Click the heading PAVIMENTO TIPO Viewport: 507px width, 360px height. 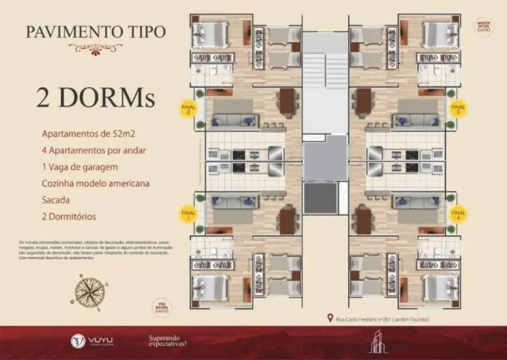(x=95, y=32)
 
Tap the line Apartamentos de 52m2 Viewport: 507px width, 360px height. (x=87, y=133)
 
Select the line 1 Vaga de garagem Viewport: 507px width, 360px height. (x=80, y=167)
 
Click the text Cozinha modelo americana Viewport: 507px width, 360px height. (x=96, y=183)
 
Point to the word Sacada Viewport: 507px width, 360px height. (x=55, y=199)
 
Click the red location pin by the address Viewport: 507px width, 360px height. (x=330, y=318)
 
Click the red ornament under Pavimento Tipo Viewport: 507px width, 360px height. (x=95, y=49)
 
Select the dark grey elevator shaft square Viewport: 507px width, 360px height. (x=319, y=198)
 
